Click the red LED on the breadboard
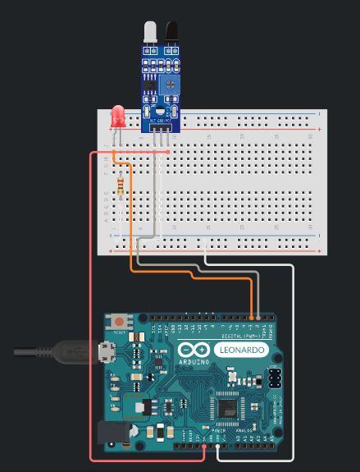click(x=117, y=117)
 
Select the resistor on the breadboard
click(x=123, y=186)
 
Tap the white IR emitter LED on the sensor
click(x=149, y=32)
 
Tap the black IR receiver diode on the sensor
click(x=172, y=32)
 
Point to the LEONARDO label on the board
click(x=242, y=351)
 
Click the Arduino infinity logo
click(x=194, y=351)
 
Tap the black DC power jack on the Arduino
click(x=111, y=433)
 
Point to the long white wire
click(x=292, y=369)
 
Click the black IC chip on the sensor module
click(x=150, y=85)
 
